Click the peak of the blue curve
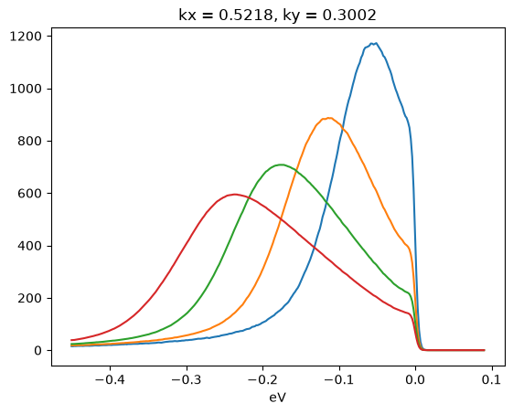tap(376, 43)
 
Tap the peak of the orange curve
tap(328, 118)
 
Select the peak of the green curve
tap(281, 165)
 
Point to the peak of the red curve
tap(234, 195)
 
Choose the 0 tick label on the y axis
tap(38, 350)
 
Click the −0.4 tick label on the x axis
tap(110, 380)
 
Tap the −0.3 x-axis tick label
tap(187, 380)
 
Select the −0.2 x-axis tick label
tap(262, 380)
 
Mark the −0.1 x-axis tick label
tap(339, 380)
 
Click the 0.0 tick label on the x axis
tap(415, 380)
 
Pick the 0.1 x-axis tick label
tap(492, 380)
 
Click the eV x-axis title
tap(278, 398)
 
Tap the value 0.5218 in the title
tap(245, 15)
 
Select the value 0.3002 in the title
tap(349, 15)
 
